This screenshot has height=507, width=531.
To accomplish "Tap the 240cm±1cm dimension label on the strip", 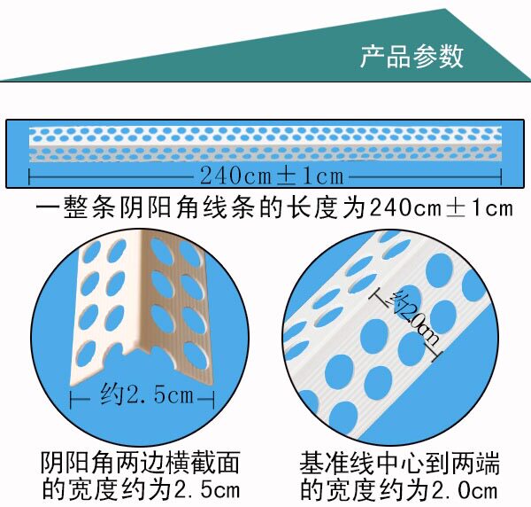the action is click(x=271, y=175).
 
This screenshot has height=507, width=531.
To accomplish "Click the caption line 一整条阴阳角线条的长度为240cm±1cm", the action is click(x=275, y=208).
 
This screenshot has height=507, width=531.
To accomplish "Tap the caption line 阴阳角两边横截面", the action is click(x=141, y=463).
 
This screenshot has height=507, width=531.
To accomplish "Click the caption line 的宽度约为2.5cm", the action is click(x=141, y=488).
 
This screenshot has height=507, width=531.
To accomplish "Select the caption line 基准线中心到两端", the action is click(x=399, y=463).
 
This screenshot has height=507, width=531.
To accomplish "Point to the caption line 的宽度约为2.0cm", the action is click(x=399, y=488).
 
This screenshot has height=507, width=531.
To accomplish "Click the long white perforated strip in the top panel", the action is click(x=265, y=145).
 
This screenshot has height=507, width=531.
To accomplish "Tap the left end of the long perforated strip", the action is click(x=34, y=145).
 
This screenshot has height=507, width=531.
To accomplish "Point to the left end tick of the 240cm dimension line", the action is click(x=29, y=175).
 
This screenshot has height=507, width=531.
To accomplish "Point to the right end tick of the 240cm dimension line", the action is click(x=502, y=175).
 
